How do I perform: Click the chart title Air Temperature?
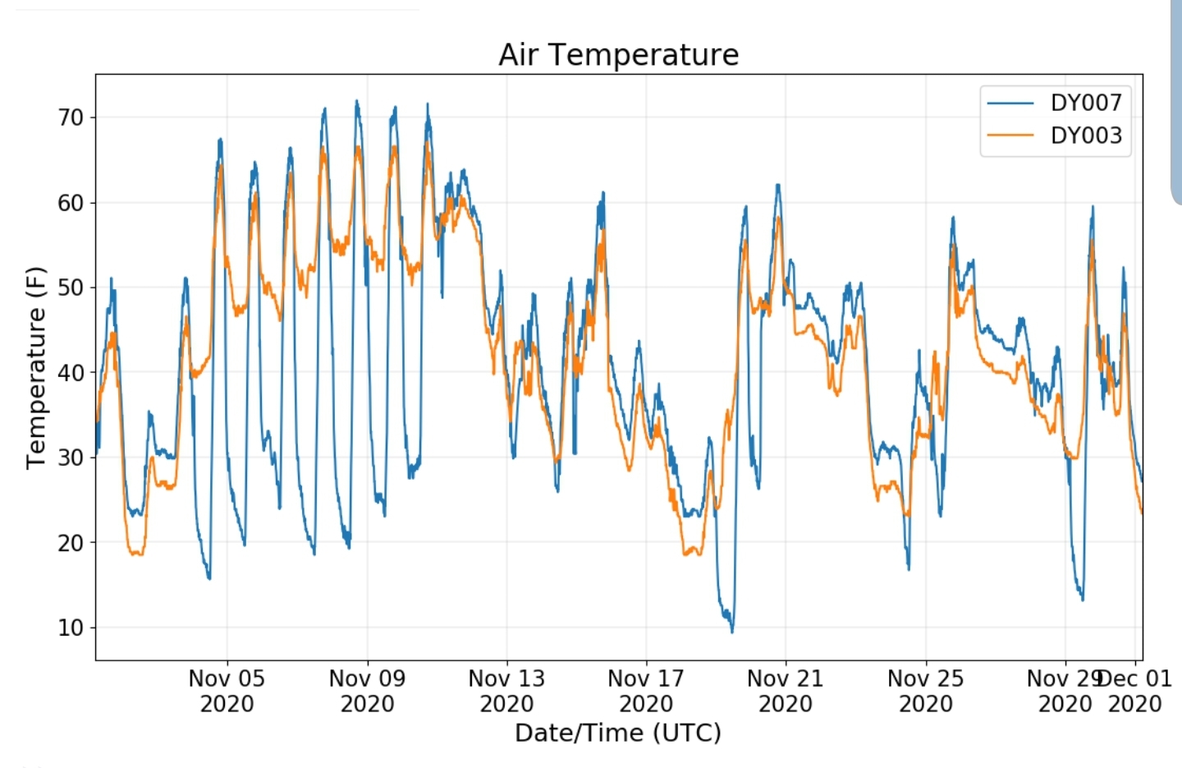(618, 55)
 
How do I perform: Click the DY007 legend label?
(1085, 103)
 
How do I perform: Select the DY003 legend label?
(1085, 136)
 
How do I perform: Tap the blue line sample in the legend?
(1010, 103)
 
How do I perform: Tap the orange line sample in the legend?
(1010, 136)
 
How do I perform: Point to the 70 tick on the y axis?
(71, 117)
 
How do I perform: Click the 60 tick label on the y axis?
(71, 203)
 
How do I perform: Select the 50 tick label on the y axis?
(71, 287)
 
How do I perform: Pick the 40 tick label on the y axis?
(71, 373)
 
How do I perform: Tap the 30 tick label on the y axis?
(71, 458)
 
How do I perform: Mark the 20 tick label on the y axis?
(71, 543)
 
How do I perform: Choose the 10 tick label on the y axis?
(71, 628)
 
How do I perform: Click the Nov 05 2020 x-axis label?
(227, 691)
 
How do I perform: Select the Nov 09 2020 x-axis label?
(367, 691)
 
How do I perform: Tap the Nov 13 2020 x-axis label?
(506, 691)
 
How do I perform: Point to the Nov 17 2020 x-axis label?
(646, 691)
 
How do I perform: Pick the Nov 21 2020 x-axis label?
(786, 691)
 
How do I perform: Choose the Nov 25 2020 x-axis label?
(925, 691)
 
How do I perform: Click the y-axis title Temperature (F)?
(35, 367)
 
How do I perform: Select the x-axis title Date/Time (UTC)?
(618, 733)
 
